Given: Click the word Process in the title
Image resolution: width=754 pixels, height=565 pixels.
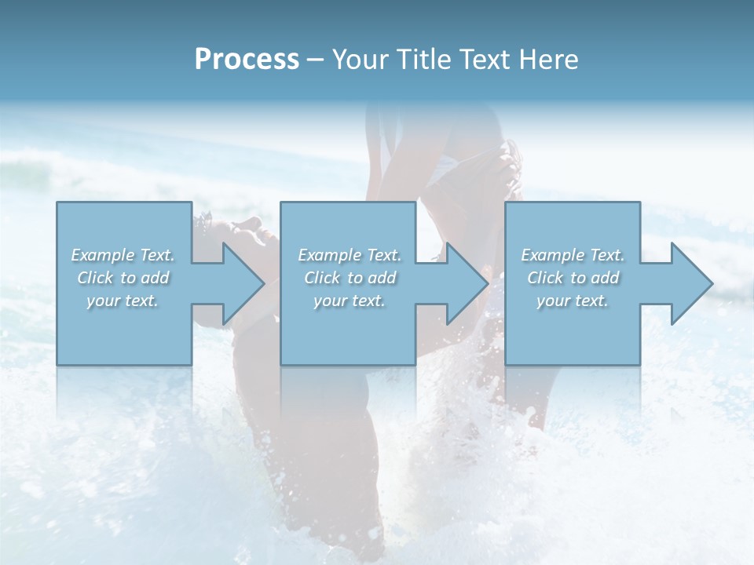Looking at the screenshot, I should [247, 60].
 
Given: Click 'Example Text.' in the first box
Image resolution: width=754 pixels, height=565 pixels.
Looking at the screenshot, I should [123, 255].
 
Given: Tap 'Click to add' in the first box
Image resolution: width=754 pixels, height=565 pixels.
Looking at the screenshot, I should [123, 278].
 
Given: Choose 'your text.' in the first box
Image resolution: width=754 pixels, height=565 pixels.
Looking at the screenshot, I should [123, 301].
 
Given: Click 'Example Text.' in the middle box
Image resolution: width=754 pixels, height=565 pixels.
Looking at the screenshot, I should [350, 255].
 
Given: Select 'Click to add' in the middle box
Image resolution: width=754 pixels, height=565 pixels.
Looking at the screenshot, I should [350, 278].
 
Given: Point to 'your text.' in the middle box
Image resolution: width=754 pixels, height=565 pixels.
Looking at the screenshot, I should [350, 301].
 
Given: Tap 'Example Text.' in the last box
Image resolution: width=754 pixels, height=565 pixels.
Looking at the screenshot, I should [573, 255].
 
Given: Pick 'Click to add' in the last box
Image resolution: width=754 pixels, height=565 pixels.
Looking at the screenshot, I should [573, 278].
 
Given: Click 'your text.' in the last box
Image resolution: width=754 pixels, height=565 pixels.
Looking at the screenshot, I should [573, 301].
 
